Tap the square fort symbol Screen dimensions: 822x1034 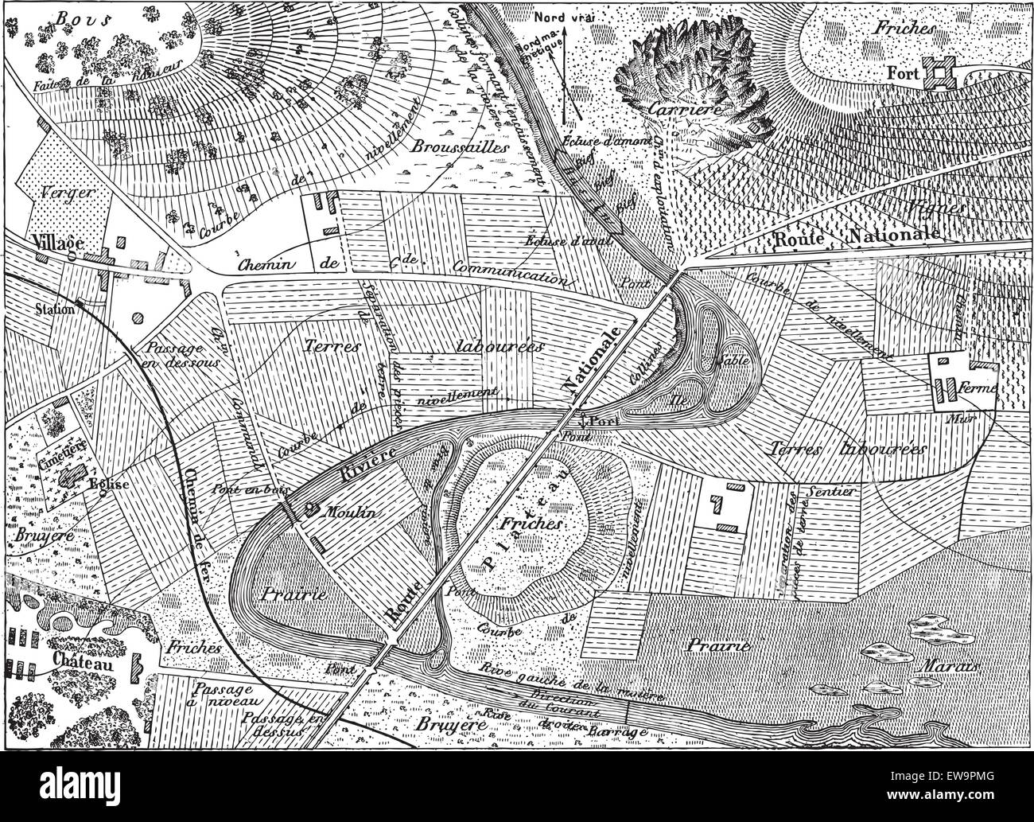pyautogui.click(x=941, y=74)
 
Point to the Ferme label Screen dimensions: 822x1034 pyautogui.click(x=981, y=392)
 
